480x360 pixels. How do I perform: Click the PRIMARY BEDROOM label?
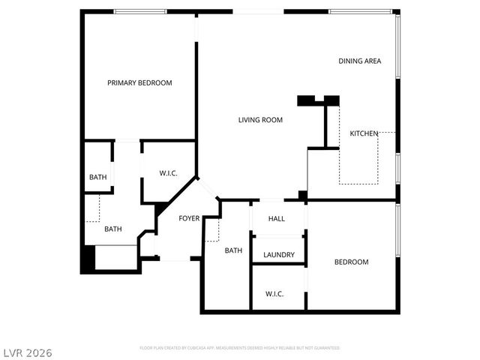[139, 83]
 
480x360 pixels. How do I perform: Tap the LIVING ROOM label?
[260, 120]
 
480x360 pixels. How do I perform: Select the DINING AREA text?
[360, 61]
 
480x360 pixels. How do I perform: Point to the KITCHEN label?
[364, 133]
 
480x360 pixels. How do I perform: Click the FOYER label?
[189, 219]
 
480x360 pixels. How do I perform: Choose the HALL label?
[277, 219]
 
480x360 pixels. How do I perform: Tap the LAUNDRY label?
[278, 255]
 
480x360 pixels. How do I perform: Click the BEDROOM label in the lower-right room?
[351, 262]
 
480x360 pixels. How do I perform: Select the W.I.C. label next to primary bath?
[168, 173]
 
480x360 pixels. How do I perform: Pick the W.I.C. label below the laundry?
[274, 293]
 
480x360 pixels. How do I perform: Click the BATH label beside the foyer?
[233, 250]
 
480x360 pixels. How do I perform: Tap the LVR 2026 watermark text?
[26, 352]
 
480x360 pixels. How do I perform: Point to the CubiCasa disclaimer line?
[240, 348]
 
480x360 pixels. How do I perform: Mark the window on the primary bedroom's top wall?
[139, 11]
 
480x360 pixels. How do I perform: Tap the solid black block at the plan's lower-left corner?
[88, 259]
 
